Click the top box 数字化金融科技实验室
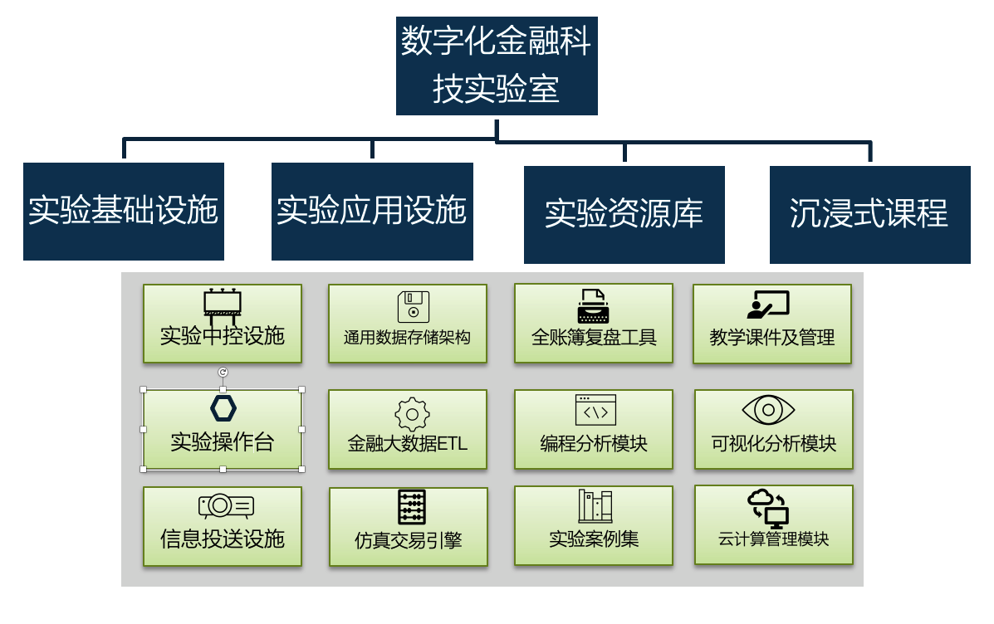pos(497,66)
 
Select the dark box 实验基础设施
pos(124,212)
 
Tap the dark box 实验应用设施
pos(372,212)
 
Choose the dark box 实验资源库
pos(624,214)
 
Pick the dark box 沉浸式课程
pos(869,214)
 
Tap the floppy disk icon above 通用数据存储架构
pos(413,306)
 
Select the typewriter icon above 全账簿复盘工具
pos(593,306)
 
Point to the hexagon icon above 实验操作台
pos(223,408)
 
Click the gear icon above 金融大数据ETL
pos(413,414)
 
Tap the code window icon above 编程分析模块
pos(595,410)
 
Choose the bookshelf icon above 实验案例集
pos(595,506)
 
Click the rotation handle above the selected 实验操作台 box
pos(223,373)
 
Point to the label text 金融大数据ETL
pos(408,443)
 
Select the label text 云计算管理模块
pos(774,539)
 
